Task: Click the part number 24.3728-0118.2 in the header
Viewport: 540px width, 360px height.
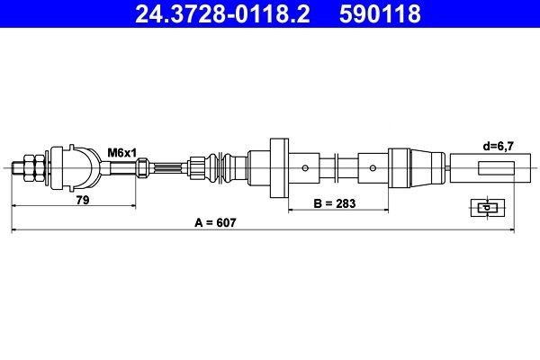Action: [x=222, y=14]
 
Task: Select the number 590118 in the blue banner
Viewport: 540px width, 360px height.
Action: [x=380, y=14]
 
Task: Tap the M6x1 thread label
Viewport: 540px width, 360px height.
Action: [x=121, y=152]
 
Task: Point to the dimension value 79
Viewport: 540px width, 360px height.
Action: [x=83, y=200]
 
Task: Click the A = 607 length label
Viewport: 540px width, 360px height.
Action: [x=215, y=223]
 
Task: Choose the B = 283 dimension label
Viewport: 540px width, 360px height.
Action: [x=335, y=203]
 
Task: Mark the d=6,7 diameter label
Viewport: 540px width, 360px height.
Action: [x=499, y=147]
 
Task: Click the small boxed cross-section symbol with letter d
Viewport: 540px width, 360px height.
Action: [x=488, y=208]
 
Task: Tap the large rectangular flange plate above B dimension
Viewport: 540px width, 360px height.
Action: [x=279, y=168]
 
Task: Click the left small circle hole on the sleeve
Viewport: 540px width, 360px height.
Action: [x=305, y=168]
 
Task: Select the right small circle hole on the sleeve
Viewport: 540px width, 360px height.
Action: [x=373, y=168]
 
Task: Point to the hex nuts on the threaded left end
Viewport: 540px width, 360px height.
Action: [x=34, y=168]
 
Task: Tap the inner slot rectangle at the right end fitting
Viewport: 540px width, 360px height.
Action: [x=496, y=168]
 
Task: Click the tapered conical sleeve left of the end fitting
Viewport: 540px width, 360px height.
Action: [x=427, y=168]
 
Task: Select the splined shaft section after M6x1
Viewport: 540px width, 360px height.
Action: [x=167, y=168]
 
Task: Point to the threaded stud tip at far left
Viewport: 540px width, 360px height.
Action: [x=17, y=168]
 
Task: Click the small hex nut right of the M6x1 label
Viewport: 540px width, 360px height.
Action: [x=142, y=167]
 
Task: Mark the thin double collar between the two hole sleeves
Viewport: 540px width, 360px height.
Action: [x=337, y=168]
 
